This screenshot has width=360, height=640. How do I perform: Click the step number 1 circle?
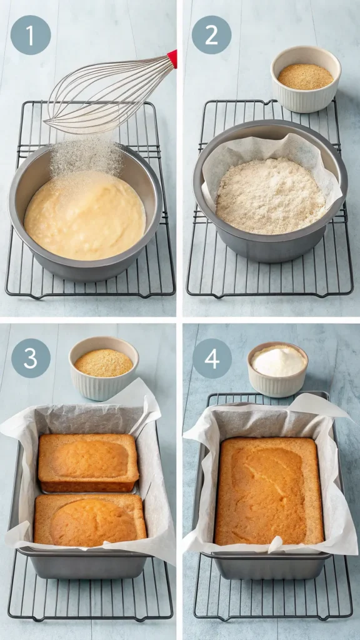(x=31, y=35)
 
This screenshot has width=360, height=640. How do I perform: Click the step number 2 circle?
(x=211, y=35)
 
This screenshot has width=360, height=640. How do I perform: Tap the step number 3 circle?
(x=31, y=358)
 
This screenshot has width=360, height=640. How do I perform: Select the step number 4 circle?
(x=212, y=358)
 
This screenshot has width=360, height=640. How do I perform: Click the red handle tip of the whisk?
(x=172, y=59)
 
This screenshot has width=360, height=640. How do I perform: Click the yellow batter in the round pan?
(x=84, y=219)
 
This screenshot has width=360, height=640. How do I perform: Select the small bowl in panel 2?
(x=306, y=79)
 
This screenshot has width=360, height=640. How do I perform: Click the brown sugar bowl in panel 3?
(x=104, y=368)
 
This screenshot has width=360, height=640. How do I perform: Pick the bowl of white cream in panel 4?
(x=277, y=369)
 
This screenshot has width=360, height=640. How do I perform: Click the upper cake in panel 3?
(x=88, y=462)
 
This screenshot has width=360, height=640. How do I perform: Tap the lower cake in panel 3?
(x=90, y=519)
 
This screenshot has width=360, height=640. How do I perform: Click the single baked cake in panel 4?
(x=269, y=491)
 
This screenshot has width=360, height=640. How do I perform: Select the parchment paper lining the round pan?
(x=216, y=162)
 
